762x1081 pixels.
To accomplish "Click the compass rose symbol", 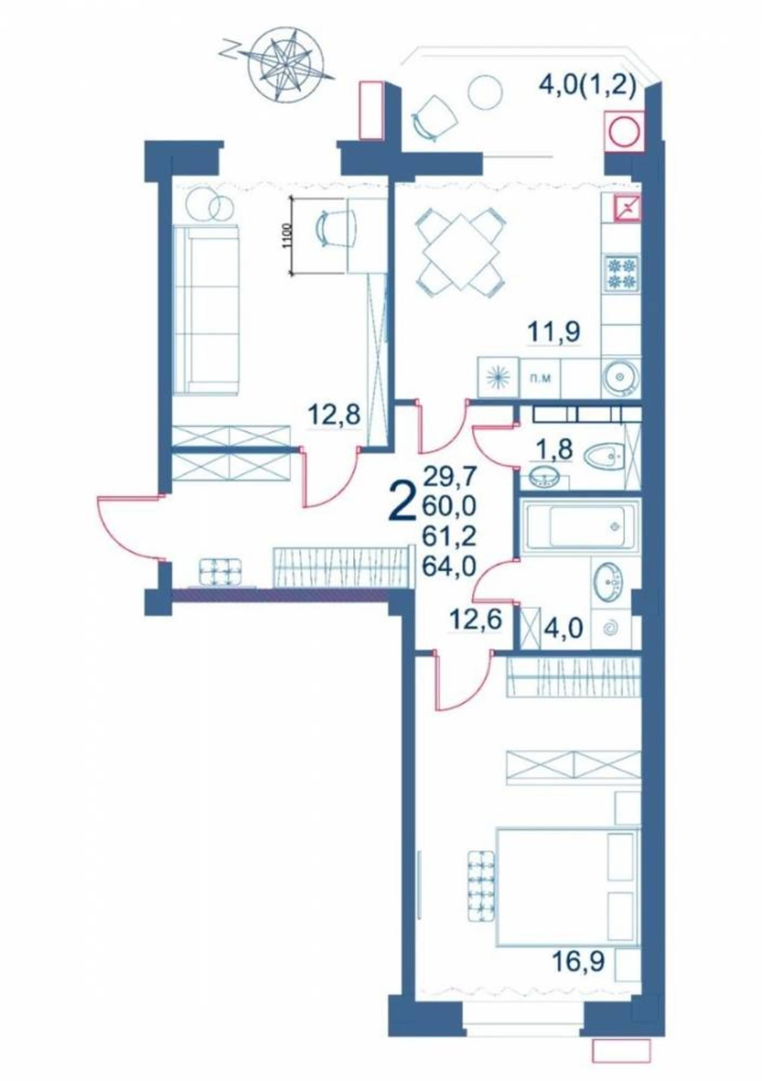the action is [286, 64].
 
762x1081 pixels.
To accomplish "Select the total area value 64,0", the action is [450, 566].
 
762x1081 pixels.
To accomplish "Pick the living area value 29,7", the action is [450, 477].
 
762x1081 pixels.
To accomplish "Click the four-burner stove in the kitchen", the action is [621, 272].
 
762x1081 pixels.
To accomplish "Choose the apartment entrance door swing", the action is [130, 526].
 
